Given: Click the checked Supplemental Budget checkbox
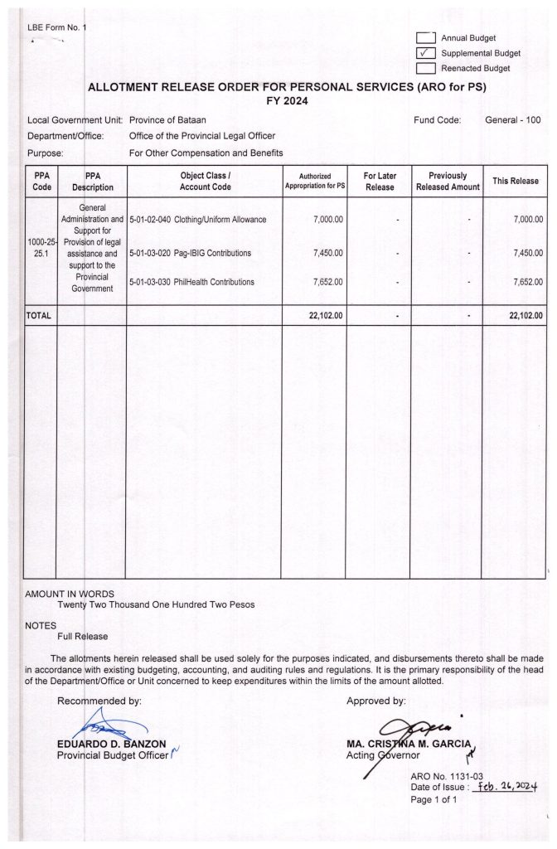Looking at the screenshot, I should [x=426, y=53].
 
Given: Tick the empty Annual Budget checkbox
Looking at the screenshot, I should [x=426, y=38].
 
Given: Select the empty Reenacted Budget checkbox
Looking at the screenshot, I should [x=426, y=68].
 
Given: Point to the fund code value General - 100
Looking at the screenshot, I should [x=512, y=120].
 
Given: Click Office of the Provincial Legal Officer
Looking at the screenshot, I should [x=201, y=136].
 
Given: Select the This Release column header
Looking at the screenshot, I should [x=516, y=182].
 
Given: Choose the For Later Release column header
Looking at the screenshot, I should [x=380, y=182].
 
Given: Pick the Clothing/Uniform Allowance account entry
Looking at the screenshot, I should [x=198, y=220].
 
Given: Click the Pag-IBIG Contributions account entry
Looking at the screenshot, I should [x=190, y=253].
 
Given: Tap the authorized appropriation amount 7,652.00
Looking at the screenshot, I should [x=329, y=283].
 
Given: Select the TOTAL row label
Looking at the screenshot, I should [x=39, y=316].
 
